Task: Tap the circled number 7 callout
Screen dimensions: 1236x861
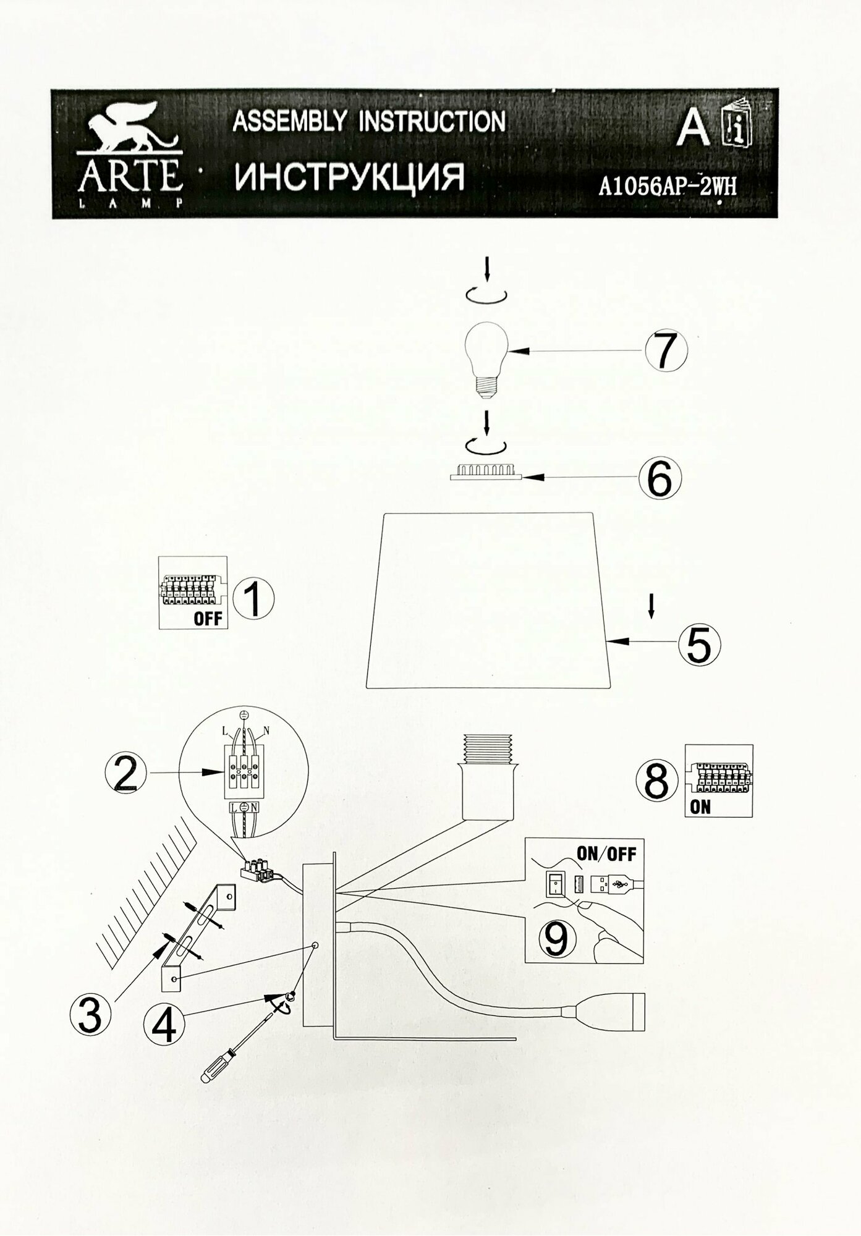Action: click(x=666, y=350)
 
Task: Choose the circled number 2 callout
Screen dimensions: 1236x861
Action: click(x=126, y=773)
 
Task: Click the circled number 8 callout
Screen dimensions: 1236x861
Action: click(x=656, y=781)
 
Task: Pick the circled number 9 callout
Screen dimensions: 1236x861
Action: click(x=556, y=939)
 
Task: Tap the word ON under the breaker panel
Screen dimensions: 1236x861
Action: click(x=700, y=806)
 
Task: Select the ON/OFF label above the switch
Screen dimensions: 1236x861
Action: click(x=605, y=855)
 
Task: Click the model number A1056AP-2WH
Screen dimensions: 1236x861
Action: click(x=668, y=185)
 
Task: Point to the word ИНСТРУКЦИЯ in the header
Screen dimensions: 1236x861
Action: click(x=349, y=177)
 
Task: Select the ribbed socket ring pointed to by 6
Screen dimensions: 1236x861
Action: click(x=486, y=472)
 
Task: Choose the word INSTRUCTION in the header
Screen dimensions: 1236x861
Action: click(x=433, y=121)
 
